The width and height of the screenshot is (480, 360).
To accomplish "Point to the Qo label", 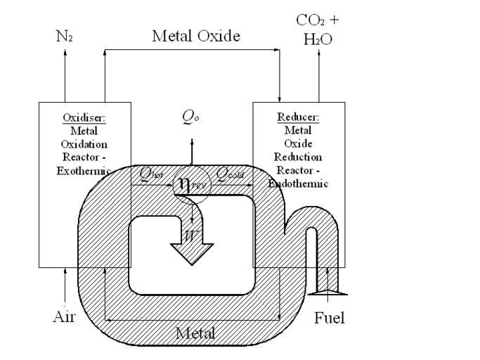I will (x=190, y=117).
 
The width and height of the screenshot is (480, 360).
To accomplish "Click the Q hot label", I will (x=152, y=173).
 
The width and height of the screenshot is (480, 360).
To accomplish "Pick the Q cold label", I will (x=229, y=173).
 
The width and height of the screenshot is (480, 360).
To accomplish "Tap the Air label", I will (x=64, y=317).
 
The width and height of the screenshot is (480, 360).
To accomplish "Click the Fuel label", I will (x=329, y=318).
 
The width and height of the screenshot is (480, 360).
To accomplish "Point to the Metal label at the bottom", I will (x=195, y=332).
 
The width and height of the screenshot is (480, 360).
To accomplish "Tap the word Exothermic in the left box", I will (x=84, y=172).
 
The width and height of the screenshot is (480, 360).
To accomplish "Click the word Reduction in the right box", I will (x=299, y=157).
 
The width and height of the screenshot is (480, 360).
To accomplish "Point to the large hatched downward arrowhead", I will (x=191, y=255).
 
